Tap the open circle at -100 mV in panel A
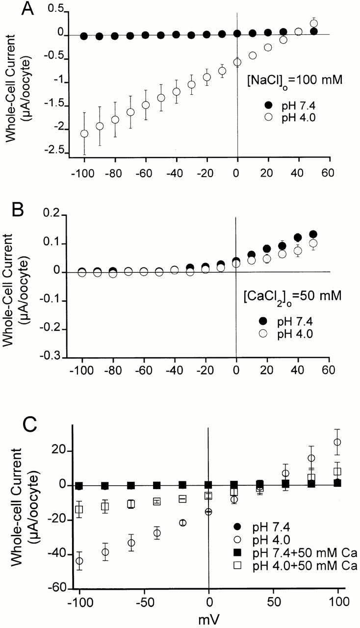tap(84, 133)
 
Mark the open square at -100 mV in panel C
tap(79, 509)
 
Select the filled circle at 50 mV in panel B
tap(313, 234)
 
